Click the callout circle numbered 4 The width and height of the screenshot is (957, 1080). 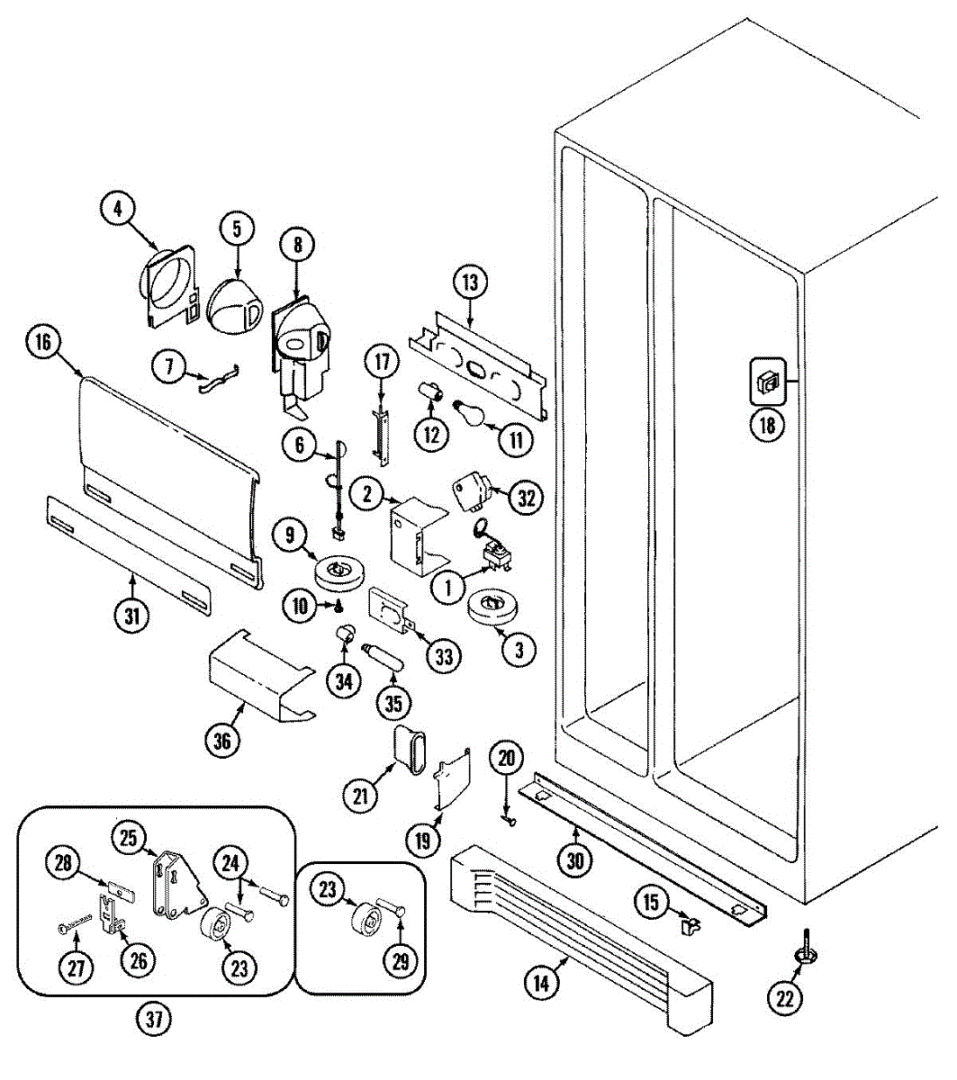point(117,210)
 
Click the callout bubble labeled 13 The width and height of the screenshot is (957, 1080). point(470,283)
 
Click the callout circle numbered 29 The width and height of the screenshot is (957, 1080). point(401,960)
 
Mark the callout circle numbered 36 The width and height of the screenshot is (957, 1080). point(222,741)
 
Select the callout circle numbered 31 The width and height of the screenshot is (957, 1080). point(132,616)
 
